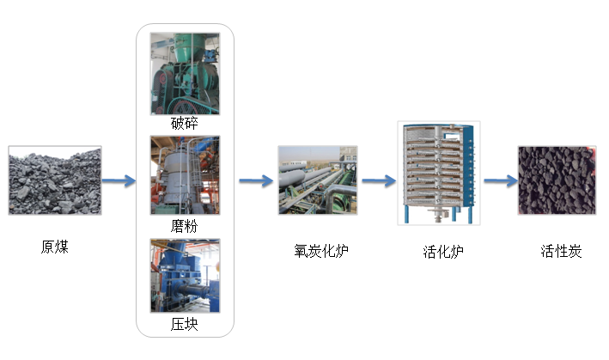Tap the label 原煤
[54, 247]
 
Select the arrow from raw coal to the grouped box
[119, 180]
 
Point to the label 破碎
[185, 123]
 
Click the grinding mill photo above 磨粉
[185, 175]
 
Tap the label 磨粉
[185, 225]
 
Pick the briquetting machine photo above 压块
[185, 277]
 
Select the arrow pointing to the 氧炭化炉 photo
[255, 180]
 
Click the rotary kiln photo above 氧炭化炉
[318, 180]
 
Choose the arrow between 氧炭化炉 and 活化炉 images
[378, 180]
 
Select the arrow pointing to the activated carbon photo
[499, 180]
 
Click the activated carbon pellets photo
[556, 180]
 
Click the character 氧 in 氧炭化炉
[300, 252]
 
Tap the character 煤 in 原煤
[61, 247]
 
